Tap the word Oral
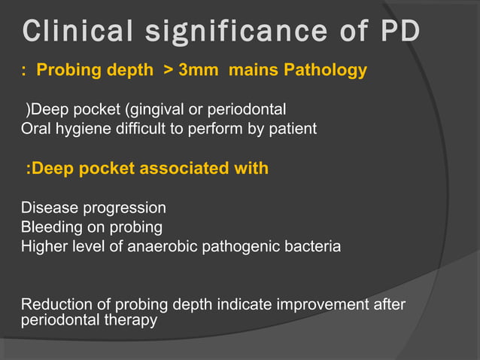[x=35, y=128]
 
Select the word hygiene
[x=80, y=129]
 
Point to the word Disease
[x=47, y=207]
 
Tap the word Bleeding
[x=50, y=226]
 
